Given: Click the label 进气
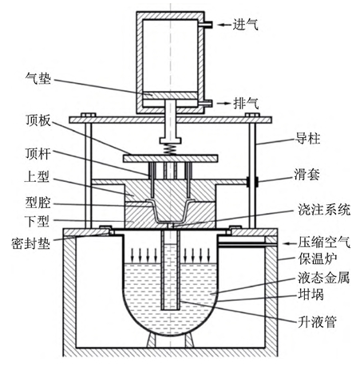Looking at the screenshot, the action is pos(245,25).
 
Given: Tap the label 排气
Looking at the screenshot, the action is pos(246,103).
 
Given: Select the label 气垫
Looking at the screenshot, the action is pos(38,78).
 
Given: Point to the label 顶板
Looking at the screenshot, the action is pos(38,120).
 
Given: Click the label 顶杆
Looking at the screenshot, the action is pos(38,154).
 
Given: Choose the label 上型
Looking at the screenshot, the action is pos(37,176).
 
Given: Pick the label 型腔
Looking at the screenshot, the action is pos(38,203).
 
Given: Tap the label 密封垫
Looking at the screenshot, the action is pos(31,243).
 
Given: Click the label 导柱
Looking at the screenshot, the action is pos(308,139).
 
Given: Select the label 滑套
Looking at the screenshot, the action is pos(307,175).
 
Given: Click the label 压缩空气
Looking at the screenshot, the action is pos(324,242).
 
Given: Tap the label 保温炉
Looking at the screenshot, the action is pos(318,259).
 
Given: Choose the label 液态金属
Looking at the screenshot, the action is pos(324,277).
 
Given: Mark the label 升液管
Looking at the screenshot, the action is pos(318,321).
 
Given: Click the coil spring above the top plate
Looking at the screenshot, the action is pos(170,149).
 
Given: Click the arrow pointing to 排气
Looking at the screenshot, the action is pos(224,103).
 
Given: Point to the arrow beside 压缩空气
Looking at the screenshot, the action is pos(289,243).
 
